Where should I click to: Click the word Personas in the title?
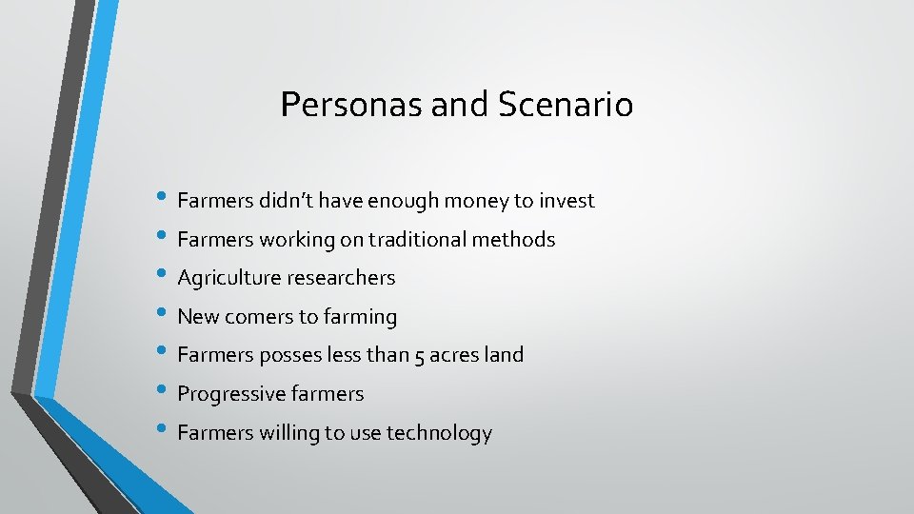click(351, 105)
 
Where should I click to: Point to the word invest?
click(566, 201)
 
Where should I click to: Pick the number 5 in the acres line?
click(421, 356)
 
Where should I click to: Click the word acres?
click(455, 355)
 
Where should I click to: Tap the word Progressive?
click(228, 394)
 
